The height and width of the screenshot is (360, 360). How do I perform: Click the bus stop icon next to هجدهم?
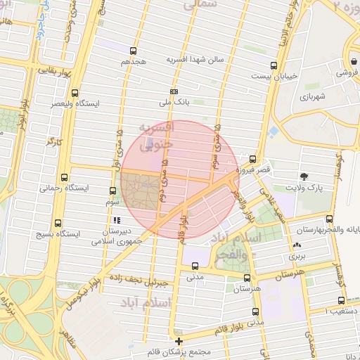[x=133, y=51]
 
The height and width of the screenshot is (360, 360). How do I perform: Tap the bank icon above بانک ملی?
[x=174, y=91]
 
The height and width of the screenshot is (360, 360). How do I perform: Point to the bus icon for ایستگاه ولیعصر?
[x=75, y=91]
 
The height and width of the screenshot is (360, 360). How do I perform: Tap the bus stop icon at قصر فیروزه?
[x=252, y=159]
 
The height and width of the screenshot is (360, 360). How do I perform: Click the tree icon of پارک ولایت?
[x=304, y=176]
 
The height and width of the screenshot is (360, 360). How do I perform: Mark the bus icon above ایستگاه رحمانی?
[x=65, y=177]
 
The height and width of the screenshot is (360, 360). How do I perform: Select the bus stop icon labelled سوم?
[x=112, y=190]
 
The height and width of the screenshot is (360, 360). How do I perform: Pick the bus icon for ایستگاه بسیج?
[x=65, y=221]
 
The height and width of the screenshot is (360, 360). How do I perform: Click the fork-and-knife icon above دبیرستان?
[x=117, y=221]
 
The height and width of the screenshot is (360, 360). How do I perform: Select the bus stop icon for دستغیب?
[x=342, y=300]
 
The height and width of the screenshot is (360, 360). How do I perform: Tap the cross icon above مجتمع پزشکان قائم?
[x=179, y=341]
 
